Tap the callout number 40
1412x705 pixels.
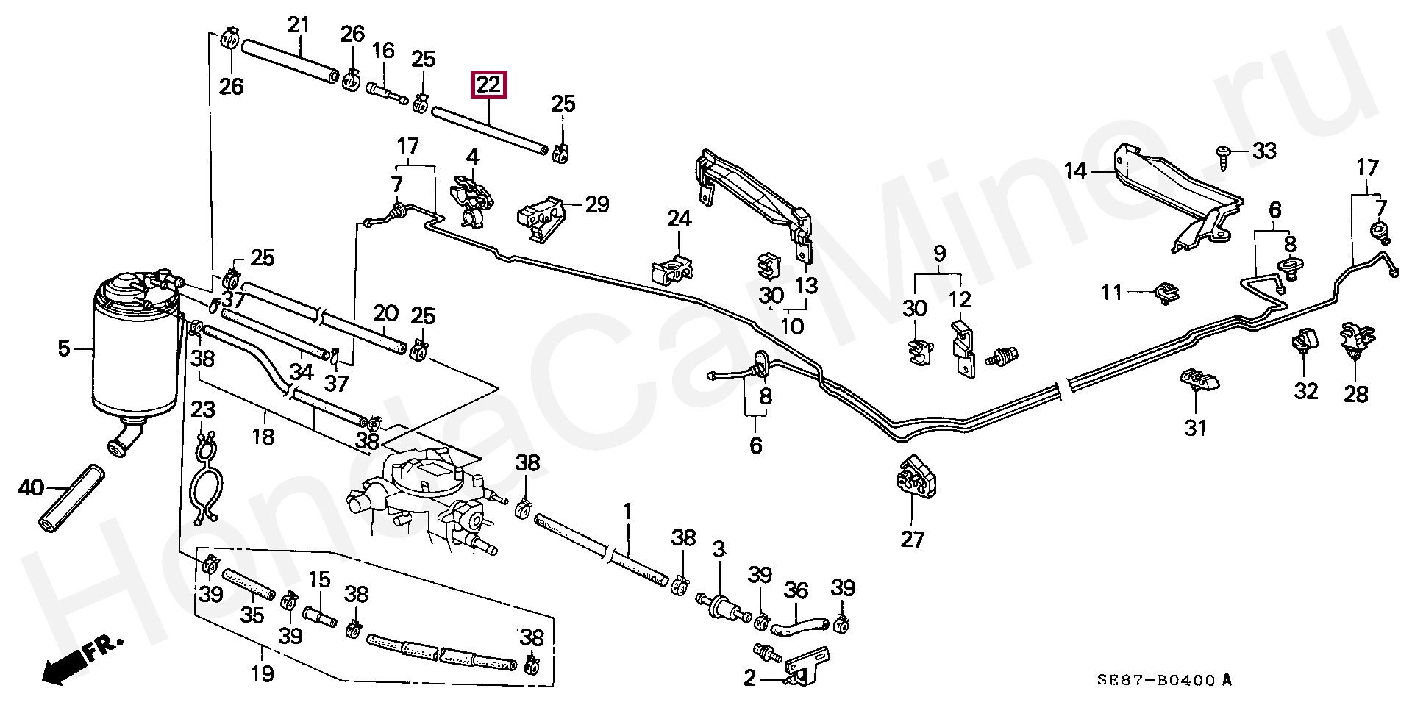30,487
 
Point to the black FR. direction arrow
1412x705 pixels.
62,666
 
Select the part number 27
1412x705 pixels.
912,540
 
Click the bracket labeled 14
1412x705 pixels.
1169,195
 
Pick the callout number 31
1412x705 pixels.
1195,426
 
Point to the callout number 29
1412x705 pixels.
597,204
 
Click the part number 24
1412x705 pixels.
680,218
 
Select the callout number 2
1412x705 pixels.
749,678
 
